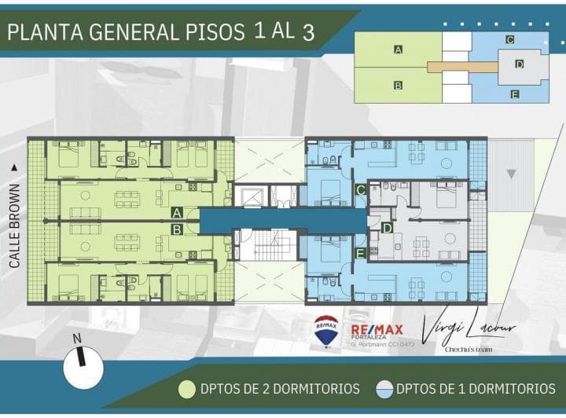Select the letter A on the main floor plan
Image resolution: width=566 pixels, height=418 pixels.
(178, 212)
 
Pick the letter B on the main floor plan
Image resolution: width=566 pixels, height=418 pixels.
(178, 229)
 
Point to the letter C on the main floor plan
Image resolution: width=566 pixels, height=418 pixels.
(360, 189)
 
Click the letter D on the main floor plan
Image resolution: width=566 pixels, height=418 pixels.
(387, 228)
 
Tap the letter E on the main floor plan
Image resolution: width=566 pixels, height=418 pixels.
(360, 253)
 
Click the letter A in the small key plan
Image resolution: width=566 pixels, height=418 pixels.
(399, 49)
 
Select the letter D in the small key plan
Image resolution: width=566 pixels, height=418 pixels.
(520, 64)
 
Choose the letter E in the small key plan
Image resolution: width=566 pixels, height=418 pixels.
(514, 94)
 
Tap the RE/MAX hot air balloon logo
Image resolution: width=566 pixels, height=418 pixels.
(326, 330)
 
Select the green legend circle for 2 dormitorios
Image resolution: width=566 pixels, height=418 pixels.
(187, 388)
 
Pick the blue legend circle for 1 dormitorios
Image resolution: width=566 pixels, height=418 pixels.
(384, 388)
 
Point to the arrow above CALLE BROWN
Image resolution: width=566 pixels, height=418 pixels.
(14, 167)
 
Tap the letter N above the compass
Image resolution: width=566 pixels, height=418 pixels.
(76, 339)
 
